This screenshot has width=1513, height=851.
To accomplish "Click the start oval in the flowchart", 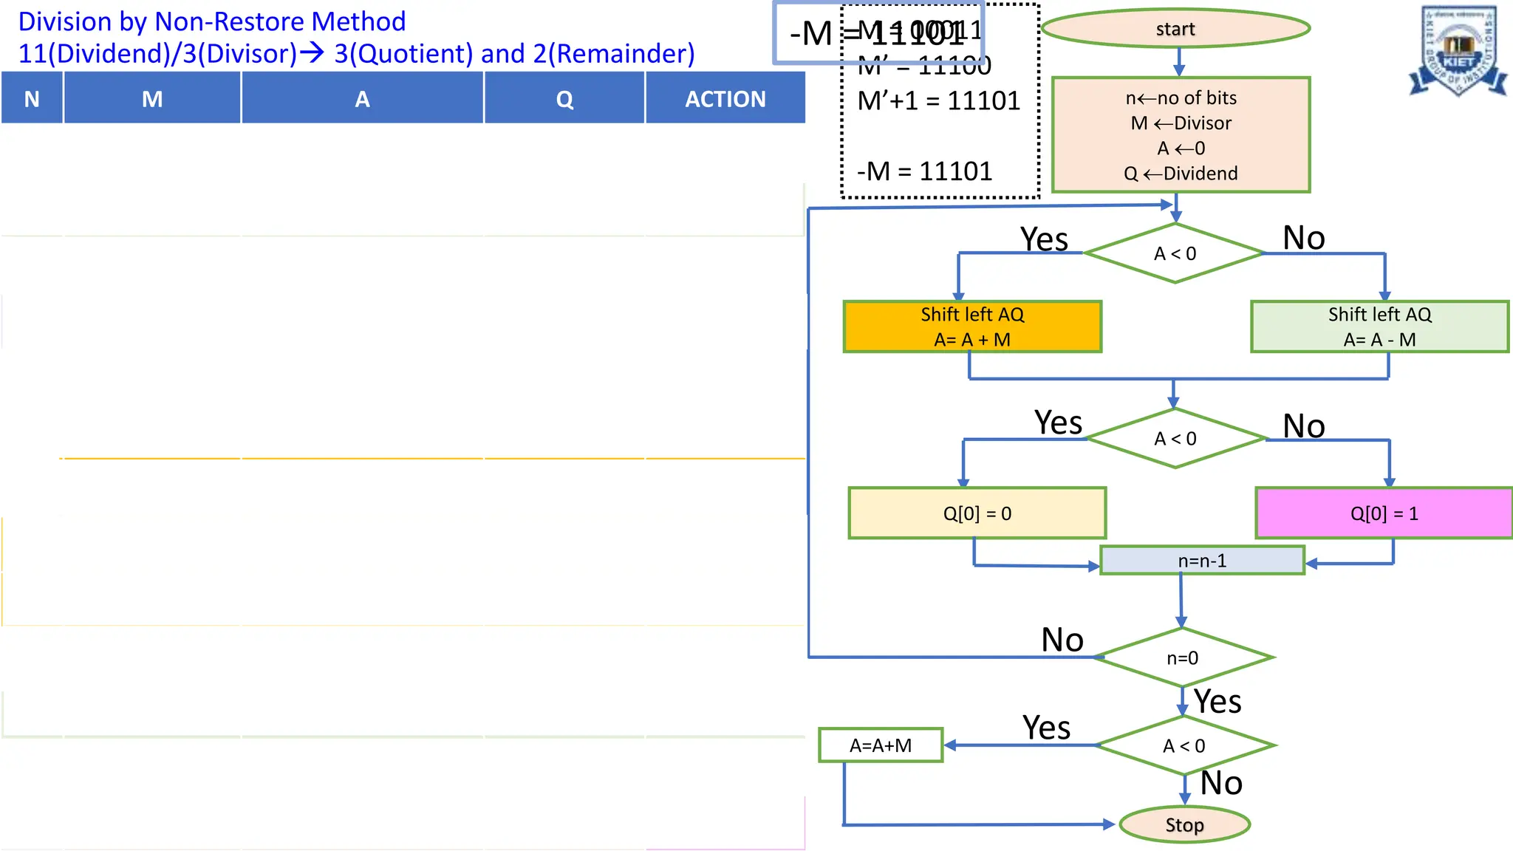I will [1175, 29].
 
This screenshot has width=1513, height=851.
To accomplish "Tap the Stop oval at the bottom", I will [1184, 824].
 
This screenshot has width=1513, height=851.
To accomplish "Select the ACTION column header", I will [725, 98].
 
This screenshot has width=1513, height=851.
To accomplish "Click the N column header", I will [32, 98].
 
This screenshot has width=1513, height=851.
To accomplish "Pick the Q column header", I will [564, 98].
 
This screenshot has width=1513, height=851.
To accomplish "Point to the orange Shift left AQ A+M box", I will [972, 327].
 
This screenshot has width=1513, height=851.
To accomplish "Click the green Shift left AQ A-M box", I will [1379, 327].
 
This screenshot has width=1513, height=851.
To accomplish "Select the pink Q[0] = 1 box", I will [1384, 513].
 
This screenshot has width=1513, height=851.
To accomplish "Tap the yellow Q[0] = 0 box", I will [977, 513].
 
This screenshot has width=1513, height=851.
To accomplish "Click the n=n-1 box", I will [1202, 561].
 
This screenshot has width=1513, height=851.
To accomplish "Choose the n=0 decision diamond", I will [1183, 657].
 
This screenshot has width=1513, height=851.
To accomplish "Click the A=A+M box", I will [881, 745].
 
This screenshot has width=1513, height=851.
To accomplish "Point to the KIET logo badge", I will [1458, 52].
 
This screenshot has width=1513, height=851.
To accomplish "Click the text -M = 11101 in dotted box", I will [924, 171].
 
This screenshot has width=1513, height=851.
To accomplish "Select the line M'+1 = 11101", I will [938, 100].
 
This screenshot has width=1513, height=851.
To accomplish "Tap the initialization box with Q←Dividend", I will [1181, 135].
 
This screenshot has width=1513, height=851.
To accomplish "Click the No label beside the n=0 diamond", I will [1062, 640].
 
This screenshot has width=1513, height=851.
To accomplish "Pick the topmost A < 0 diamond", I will [1175, 253].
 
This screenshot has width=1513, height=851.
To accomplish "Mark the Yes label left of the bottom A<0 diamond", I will [1046, 728].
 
